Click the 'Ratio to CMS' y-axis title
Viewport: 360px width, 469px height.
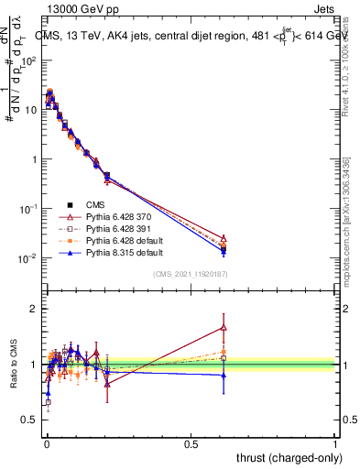pyautogui.click(x=12, y=365)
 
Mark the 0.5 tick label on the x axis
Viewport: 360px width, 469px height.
pyautogui.click(x=191, y=444)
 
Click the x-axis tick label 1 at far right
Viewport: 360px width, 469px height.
pyautogui.click(x=335, y=444)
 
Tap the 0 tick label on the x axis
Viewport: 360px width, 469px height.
pyautogui.click(x=47, y=444)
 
